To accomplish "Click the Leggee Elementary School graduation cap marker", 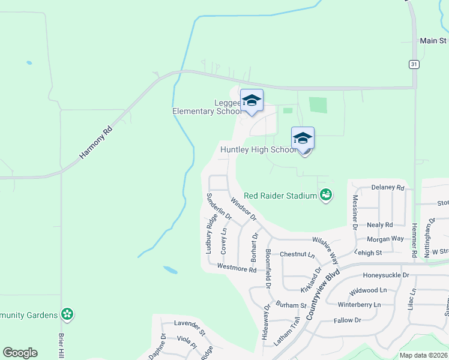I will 252,100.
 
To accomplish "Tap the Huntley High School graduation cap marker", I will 303,139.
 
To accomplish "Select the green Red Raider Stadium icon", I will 326,195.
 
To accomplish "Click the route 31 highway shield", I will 414,64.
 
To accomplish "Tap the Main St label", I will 433,41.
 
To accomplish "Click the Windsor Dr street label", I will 243,209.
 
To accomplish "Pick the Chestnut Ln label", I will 297,254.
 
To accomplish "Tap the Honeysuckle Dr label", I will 385,275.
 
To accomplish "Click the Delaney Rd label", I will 388,187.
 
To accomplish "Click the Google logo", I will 20,353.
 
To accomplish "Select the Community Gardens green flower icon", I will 67,314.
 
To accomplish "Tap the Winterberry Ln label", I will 359,305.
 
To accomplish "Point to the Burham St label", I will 292,305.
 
